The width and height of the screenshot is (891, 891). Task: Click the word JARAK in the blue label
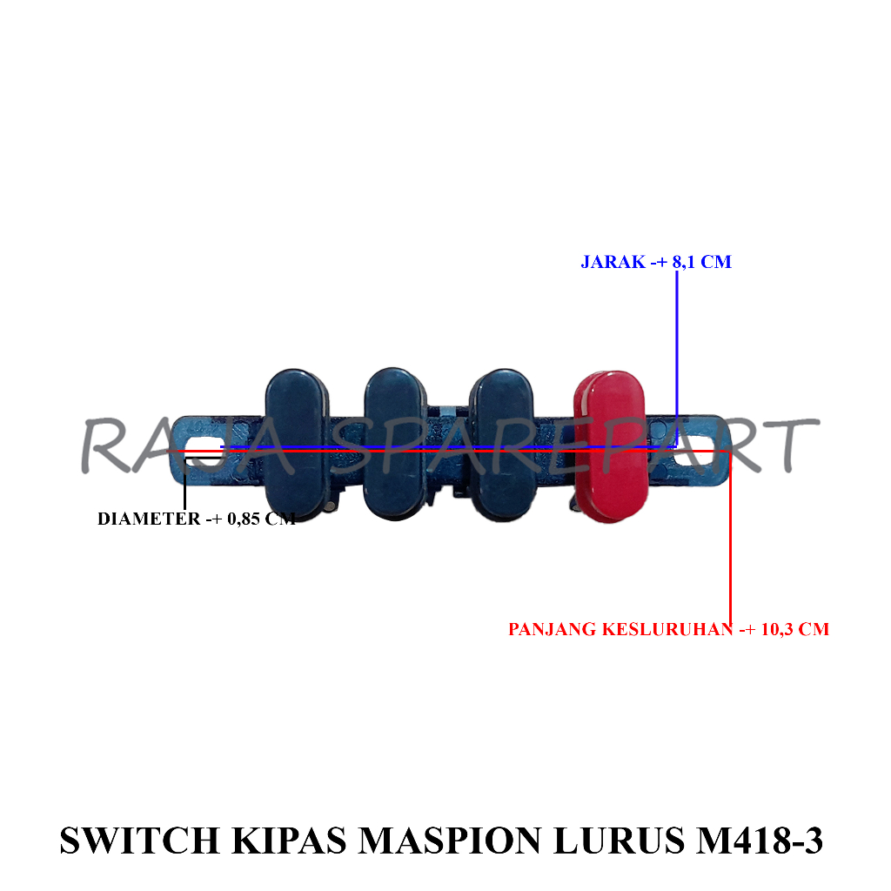610,262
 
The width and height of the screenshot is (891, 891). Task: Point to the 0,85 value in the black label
243,519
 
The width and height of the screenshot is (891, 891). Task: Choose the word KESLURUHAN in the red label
667,629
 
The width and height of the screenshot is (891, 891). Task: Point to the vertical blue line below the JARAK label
677,348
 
